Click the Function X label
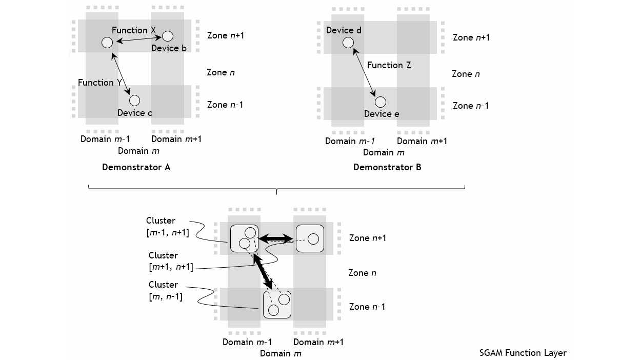[x=133, y=30]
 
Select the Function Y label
[x=99, y=83]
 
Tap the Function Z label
[x=389, y=65]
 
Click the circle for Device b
[x=168, y=36]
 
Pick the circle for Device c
[x=134, y=100]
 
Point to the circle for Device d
[x=348, y=42]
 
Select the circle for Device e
[x=380, y=102]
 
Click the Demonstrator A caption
[x=136, y=167]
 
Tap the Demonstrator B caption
[x=387, y=167]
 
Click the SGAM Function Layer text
[x=523, y=353]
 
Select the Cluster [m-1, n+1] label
[x=167, y=226]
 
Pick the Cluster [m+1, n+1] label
[x=171, y=261]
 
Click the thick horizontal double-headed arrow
[x=276, y=238]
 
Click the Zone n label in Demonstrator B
[x=466, y=74]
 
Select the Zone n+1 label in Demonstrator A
[x=225, y=35]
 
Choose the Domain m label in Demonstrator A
[x=138, y=151]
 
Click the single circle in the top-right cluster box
[x=313, y=238]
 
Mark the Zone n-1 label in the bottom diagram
[x=367, y=307]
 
